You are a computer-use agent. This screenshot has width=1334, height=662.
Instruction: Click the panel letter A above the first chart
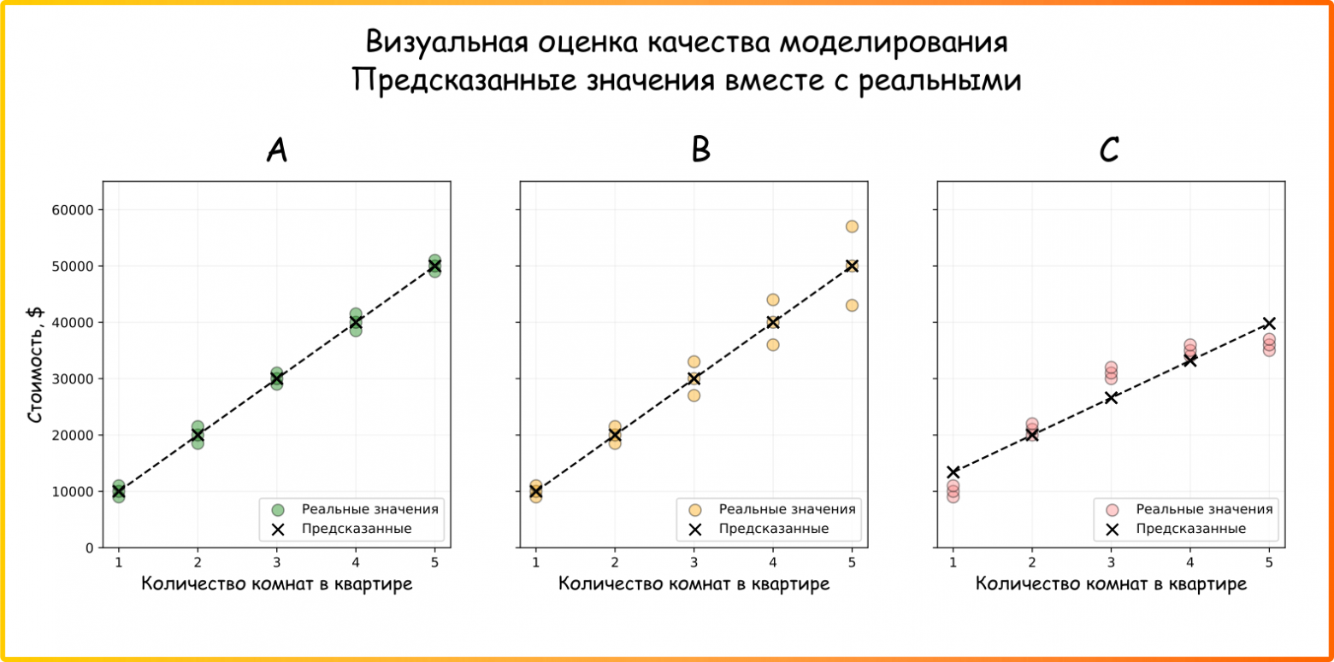(276, 150)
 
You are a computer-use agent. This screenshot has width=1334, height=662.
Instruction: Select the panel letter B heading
(700, 150)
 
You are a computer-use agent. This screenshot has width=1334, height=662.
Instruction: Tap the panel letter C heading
(1109, 150)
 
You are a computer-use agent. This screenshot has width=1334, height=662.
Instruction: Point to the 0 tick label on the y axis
(88, 548)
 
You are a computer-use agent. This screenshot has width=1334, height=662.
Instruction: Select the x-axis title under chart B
(694, 584)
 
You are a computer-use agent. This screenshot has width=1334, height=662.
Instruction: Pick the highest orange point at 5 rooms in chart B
(852, 226)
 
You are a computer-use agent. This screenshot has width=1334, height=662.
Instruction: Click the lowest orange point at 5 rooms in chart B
(852, 305)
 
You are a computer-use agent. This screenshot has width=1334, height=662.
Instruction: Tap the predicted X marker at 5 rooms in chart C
(1269, 323)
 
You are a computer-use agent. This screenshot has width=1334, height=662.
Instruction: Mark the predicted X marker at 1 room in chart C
(953, 472)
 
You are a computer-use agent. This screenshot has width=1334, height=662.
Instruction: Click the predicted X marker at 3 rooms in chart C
(1111, 397)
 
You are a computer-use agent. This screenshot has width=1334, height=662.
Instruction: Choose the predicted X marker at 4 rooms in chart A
(356, 322)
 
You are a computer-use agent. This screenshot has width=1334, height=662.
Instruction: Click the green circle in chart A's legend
(277, 510)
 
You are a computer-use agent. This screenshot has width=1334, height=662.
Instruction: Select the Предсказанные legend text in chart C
(1190, 529)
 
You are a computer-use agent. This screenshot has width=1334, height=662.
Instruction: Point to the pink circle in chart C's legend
(1112, 510)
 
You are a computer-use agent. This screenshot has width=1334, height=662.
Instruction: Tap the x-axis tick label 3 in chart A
(276, 561)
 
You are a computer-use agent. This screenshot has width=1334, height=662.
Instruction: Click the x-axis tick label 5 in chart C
(1269, 561)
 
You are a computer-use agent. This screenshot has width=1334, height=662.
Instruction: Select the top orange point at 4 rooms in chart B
(773, 300)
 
